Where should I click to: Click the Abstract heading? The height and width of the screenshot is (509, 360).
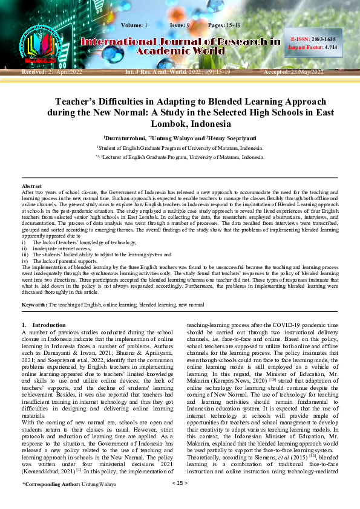[x=32, y=186]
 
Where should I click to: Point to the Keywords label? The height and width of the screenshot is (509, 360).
[x=34, y=304]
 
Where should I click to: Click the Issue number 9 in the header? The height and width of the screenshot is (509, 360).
[x=189, y=25]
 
